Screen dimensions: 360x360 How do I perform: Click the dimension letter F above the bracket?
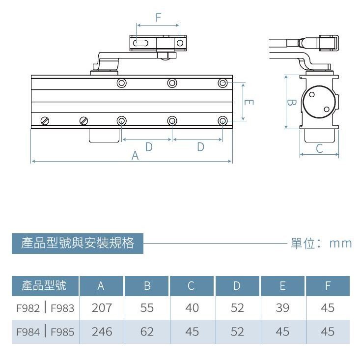158,17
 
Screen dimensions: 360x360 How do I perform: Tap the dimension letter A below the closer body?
136,156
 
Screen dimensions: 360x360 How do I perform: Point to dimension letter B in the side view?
291,103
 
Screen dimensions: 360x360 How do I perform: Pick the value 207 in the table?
102,308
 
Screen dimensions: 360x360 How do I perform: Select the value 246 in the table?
102,332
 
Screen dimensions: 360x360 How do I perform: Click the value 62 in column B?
147,332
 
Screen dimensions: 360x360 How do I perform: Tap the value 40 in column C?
192,308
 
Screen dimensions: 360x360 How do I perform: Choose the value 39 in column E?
282,308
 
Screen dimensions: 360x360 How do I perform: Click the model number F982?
28,308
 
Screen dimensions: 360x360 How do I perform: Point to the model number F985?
62,332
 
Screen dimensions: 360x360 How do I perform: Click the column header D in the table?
237,286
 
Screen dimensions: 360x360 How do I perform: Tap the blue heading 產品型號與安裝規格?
78,243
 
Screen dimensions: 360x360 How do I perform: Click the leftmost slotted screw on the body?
45,120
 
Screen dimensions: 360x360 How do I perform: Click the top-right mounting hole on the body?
223,83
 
